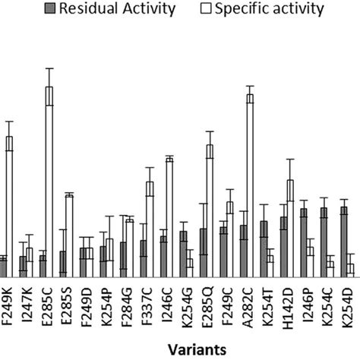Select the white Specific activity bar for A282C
pos(249,186)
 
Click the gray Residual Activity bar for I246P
pos(303,243)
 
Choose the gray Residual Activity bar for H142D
pos(283,247)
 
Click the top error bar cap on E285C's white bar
pos(49,68)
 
